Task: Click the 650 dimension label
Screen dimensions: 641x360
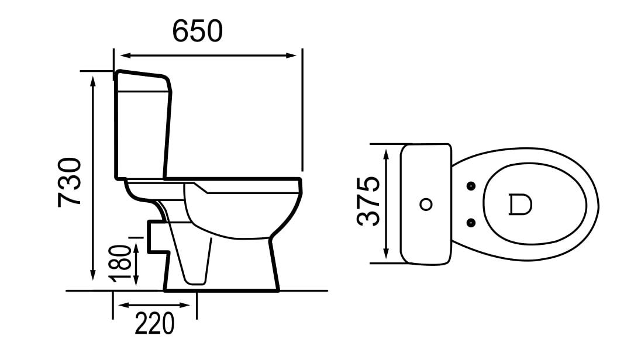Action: point(198,30)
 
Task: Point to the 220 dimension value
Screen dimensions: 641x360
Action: point(154,323)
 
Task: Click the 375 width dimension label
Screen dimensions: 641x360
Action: point(368,201)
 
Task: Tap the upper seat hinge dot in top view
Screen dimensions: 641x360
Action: point(471,186)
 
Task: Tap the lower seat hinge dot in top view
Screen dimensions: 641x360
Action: point(471,223)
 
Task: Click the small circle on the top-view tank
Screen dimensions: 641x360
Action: point(426,205)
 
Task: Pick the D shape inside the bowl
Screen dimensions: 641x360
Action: point(521,205)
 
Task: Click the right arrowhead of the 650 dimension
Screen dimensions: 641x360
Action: point(291,55)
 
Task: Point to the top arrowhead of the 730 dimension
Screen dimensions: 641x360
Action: point(93,81)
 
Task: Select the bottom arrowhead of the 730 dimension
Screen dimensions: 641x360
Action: point(93,275)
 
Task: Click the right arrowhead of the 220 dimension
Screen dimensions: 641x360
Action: point(185,305)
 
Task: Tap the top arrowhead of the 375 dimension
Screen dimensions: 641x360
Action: point(386,155)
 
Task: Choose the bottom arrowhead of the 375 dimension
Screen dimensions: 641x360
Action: point(386,254)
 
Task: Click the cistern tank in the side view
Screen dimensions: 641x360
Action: point(143,124)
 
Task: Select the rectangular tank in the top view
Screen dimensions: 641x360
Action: point(426,204)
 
